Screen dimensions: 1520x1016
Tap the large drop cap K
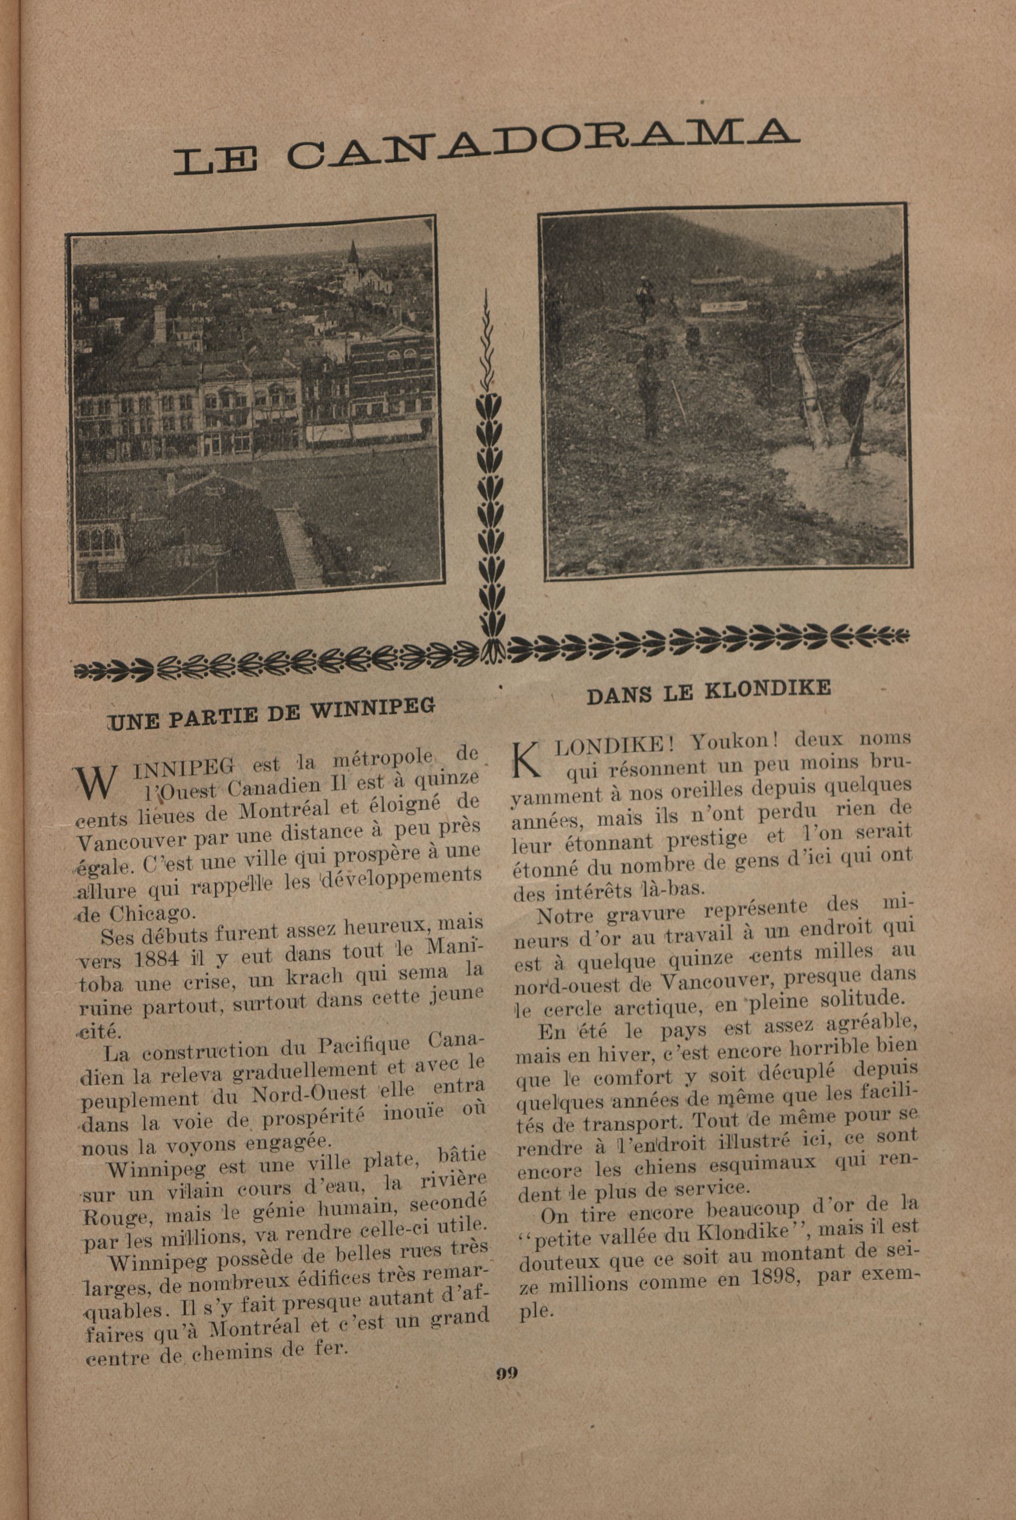pos(526,760)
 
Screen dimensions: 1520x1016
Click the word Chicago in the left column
pos(150,913)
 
